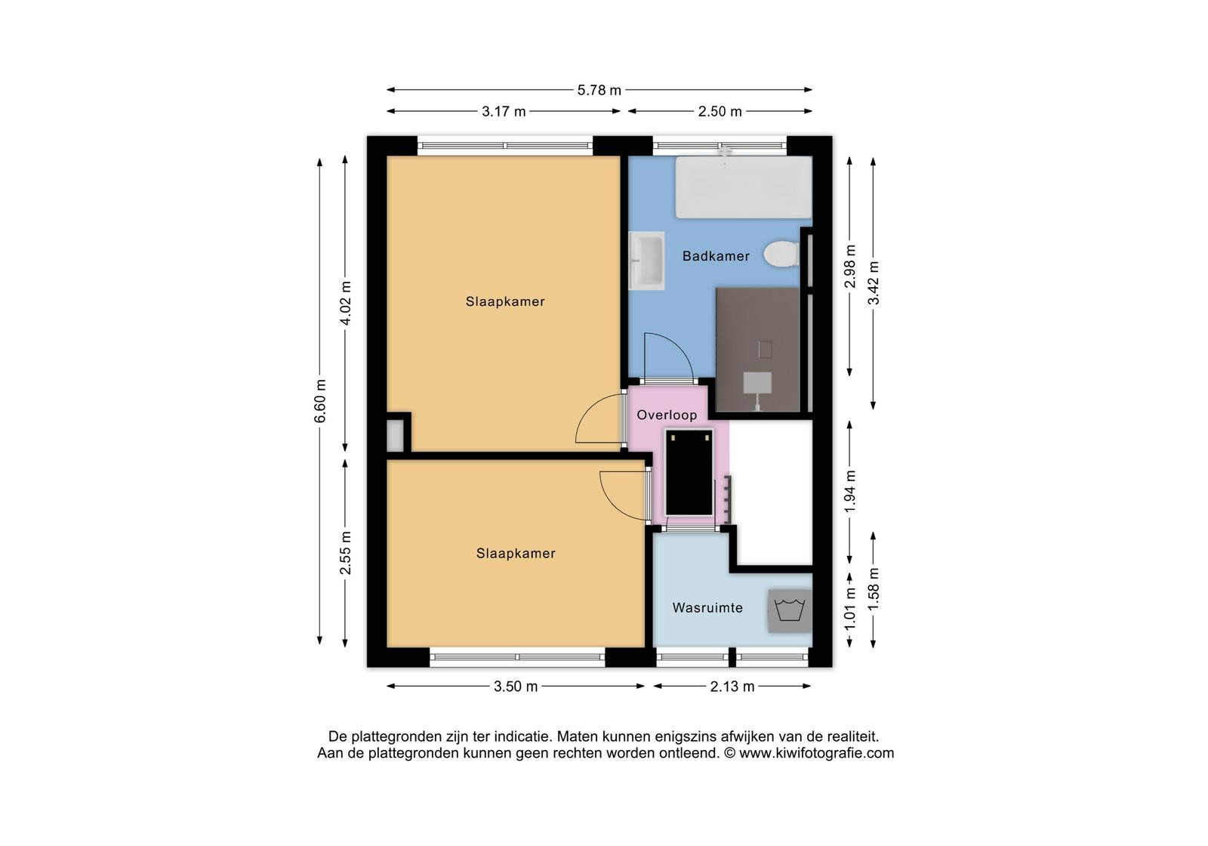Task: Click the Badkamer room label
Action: pos(716,256)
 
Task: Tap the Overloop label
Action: pos(667,415)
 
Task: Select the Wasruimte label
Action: pos(707,607)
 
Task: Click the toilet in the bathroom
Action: pos(781,254)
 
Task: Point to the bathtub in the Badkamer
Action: pos(744,187)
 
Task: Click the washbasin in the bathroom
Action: pos(646,261)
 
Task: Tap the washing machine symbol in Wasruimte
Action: pos(790,611)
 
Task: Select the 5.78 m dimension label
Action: pos(599,90)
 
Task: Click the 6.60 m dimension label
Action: pos(320,401)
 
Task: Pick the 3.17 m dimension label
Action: pos(504,112)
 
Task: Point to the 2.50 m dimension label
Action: pos(720,112)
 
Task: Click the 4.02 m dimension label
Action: pos(346,303)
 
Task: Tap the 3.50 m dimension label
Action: pos(516,687)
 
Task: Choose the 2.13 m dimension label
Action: pos(732,687)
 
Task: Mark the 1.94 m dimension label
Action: pos(850,492)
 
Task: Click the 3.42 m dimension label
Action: pos(874,283)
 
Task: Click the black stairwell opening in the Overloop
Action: pos(689,473)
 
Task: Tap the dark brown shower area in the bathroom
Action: pos(758,350)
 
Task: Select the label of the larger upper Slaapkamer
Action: pos(505,301)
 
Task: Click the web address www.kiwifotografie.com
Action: pos(816,753)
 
